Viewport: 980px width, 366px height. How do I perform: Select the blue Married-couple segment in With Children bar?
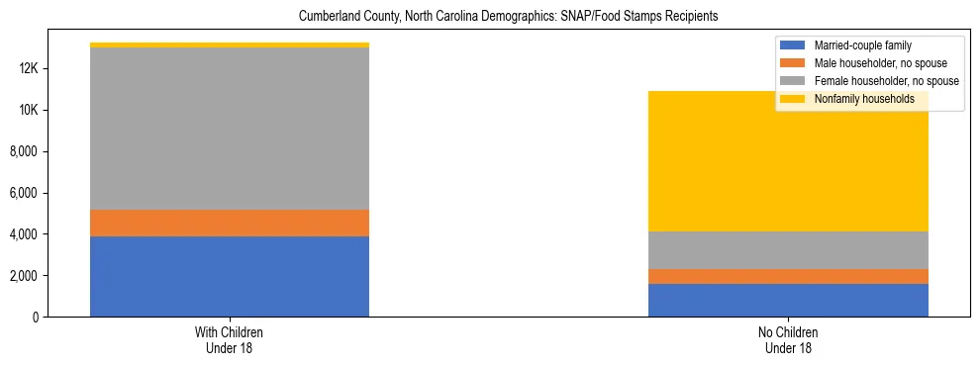point(230,276)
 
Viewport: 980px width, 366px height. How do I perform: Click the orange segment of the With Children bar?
point(230,223)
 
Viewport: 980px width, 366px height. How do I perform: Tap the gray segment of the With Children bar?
point(230,129)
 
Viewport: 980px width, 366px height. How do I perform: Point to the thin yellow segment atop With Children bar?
point(230,45)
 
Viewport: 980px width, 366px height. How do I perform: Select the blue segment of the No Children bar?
point(788,300)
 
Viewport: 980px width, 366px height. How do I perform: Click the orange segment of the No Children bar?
point(788,276)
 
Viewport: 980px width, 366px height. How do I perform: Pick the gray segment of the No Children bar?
point(788,249)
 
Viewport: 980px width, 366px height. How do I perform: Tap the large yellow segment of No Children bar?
point(788,168)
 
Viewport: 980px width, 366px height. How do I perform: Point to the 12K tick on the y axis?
point(27,68)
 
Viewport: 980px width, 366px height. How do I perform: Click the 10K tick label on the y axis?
point(27,110)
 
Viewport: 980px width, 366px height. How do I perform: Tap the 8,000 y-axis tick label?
point(23,151)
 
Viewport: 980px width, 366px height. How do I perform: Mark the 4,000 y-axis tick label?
point(23,234)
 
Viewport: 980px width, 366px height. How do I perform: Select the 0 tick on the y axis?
point(35,317)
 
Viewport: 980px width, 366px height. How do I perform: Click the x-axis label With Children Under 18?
point(230,340)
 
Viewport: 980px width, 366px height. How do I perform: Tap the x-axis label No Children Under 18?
point(788,340)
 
